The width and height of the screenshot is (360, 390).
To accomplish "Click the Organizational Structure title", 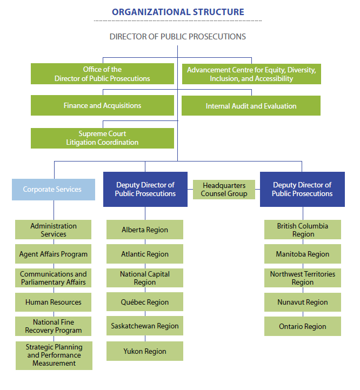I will pos(178,12).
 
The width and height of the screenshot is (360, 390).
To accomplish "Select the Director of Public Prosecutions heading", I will pos(178,37).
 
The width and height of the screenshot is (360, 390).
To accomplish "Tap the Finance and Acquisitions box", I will pos(102,106).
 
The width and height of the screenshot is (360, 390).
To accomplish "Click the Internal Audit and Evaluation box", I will pos(251,106).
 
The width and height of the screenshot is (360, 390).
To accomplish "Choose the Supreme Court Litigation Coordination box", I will pos(102,138).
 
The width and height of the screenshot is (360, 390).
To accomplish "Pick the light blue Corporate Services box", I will pos(53,190).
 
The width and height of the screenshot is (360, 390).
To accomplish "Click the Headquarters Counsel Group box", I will pos(224,190).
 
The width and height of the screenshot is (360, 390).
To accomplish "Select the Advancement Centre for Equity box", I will pos(251,74).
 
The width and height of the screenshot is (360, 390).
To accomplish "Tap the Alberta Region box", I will pos(145,230).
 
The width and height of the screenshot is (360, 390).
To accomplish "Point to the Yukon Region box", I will pos(145,351).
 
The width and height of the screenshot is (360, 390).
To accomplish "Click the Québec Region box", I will pos(145,302).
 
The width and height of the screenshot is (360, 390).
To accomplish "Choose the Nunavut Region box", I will pos(302,302).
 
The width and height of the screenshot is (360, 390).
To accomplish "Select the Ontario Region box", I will pos(302,326).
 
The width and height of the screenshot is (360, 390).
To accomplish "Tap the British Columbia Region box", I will pos(302,230).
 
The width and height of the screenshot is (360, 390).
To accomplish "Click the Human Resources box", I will pos(54,302).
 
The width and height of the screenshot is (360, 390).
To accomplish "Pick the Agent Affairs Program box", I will pos(54,254).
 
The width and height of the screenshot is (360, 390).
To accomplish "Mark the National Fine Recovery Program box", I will pos(54,326).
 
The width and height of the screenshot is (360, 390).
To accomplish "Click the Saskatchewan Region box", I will pos(145,326).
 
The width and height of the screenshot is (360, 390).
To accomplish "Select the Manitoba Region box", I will pos(302,254).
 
